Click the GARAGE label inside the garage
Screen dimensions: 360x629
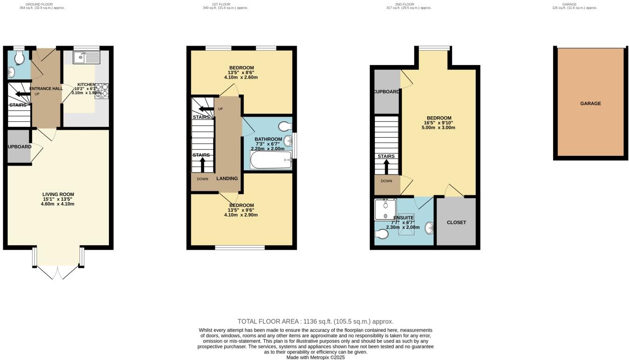[590, 104]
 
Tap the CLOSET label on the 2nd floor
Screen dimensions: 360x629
[456, 222]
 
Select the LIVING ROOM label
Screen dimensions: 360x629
[58, 194]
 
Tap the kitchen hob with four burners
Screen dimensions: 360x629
[101, 90]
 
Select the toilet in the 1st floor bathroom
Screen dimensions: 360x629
[284, 126]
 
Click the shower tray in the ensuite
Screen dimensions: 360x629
[385, 209]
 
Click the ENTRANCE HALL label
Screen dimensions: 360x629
[46, 88]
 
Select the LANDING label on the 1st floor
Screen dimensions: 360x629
[227, 178]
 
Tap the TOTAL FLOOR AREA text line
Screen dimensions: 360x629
[315, 321]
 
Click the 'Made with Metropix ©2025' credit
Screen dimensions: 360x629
[315, 357]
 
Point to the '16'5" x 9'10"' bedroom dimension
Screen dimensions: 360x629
[438, 123]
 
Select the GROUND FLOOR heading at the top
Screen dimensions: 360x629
[39, 4]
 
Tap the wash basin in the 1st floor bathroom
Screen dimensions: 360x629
[288, 140]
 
